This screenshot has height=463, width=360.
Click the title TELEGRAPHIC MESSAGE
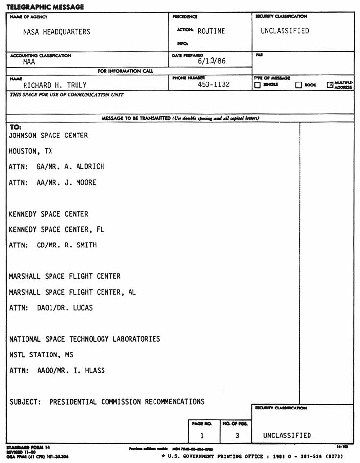tap(38, 7)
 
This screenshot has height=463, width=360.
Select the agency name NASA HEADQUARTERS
tap(56, 32)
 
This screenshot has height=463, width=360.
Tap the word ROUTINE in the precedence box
tap(211, 31)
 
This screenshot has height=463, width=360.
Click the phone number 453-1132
tap(213, 84)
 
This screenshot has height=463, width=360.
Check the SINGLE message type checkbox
tap(257, 85)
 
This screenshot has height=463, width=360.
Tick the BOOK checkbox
tap(298, 85)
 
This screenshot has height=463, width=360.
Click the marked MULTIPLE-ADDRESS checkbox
tap(330, 85)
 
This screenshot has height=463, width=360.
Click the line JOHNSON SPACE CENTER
tap(49, 136)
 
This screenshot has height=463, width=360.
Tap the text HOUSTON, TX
tap(30, 151)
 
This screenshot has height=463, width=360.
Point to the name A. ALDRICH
tap(84, 167)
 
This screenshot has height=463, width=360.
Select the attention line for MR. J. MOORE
tap(52, 183)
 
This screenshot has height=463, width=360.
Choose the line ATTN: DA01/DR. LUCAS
tap(51, 308)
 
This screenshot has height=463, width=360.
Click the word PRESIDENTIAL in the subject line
tap(73, 402)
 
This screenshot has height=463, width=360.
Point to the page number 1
tap(202, 436)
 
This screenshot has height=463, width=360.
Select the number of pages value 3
tap(237, 436)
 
